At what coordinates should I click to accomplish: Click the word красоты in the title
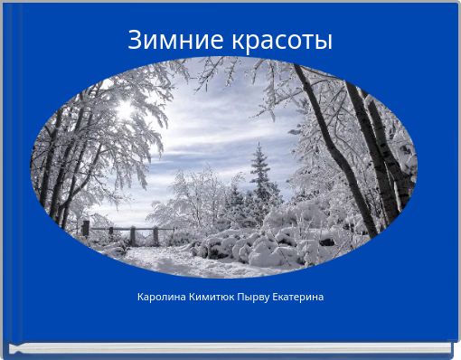click(281, 42)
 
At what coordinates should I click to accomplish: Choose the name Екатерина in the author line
click(299, 297)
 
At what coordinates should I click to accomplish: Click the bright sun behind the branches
click(124, 110)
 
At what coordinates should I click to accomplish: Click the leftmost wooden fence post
click(86, 228)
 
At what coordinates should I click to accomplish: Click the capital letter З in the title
click(135, 41)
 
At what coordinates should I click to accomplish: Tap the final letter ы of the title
click(325, 43)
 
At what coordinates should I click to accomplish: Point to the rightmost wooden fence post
click(155, 235)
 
